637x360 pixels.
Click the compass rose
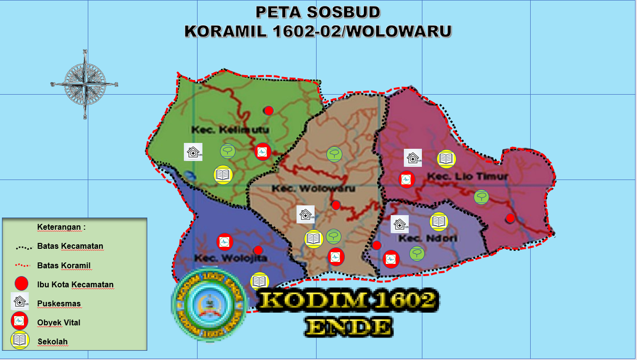85,84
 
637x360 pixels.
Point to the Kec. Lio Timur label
467,176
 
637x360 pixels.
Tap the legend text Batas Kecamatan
70,246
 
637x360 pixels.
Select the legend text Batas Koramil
64,266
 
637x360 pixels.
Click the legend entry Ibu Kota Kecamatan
75,284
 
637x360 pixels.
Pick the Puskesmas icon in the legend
20,302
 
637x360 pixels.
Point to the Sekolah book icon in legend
20,340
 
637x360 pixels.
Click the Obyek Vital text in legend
59,322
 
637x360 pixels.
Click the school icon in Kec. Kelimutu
223,175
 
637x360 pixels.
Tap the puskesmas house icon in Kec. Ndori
399,224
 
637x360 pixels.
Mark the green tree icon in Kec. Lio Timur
481,197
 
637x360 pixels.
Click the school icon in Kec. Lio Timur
446,159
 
